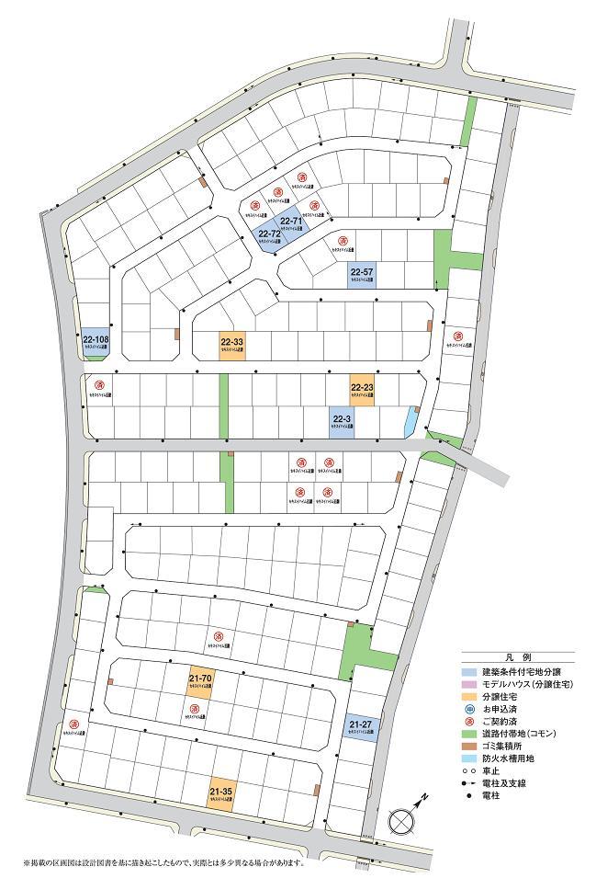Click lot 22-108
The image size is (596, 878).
coord(95,342)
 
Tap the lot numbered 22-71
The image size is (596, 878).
coord(293,223)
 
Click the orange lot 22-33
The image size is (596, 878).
coord(231,344)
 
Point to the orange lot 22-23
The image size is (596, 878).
coord(362,391)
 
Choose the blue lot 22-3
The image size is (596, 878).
coord(342,421)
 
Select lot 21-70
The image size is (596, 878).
coord(200,681)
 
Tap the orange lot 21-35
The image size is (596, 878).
coord(220,792)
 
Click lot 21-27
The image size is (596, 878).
coord(360,727)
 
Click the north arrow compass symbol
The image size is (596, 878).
coord(402,818)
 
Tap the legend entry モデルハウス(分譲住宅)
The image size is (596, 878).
coord(526,685)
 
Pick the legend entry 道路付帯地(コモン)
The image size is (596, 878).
coord(522,734)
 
